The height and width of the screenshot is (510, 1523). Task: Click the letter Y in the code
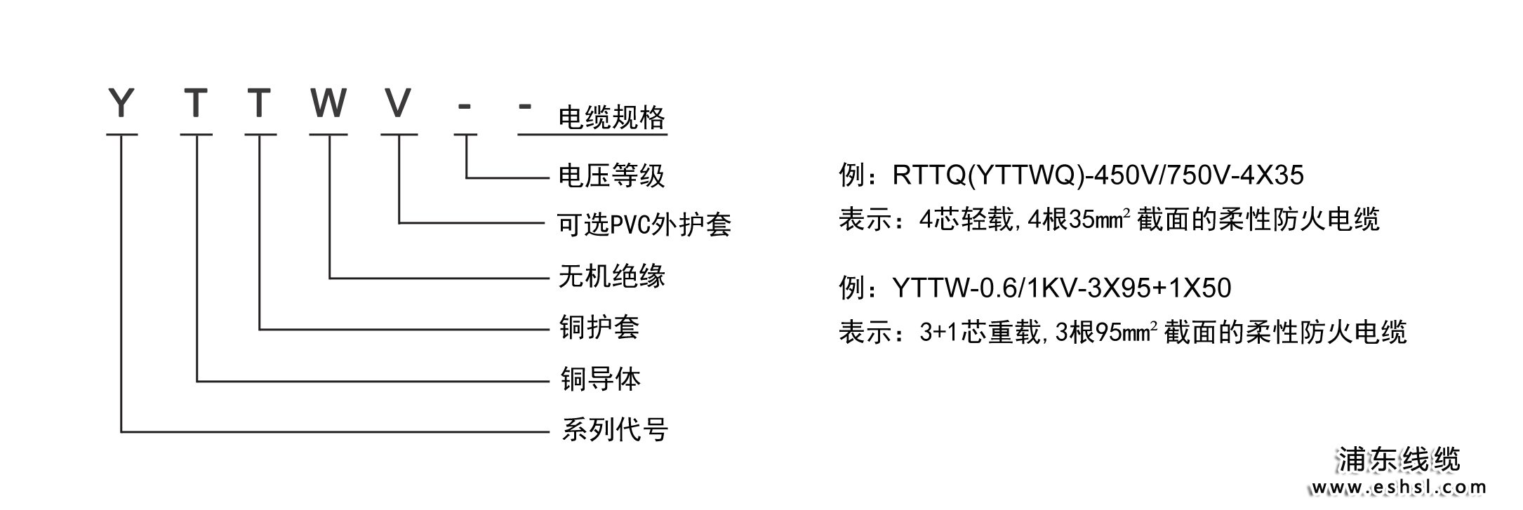point(121,103)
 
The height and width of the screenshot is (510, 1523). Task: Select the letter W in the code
point(328,103)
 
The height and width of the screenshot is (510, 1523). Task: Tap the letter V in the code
point(398,103)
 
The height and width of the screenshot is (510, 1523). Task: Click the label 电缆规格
point(611,117)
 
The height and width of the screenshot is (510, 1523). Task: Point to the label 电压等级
point(611,175)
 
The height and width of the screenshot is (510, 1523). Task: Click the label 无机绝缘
point(611,276)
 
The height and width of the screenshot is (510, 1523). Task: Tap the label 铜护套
point(599,328)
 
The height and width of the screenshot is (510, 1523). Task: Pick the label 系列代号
point(615,429)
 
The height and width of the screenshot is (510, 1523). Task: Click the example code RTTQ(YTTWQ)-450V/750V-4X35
point(1098,175)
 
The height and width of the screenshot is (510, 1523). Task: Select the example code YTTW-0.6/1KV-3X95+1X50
point(1061,288)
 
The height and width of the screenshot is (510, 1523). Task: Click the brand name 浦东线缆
point(1399,460)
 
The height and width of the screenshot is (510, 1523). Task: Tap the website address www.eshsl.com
point(1398,488)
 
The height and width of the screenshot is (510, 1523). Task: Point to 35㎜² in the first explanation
point(1100,220)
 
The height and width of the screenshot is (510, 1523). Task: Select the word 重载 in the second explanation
point(1015,333)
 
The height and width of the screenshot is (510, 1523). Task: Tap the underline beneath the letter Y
point(122,134)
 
